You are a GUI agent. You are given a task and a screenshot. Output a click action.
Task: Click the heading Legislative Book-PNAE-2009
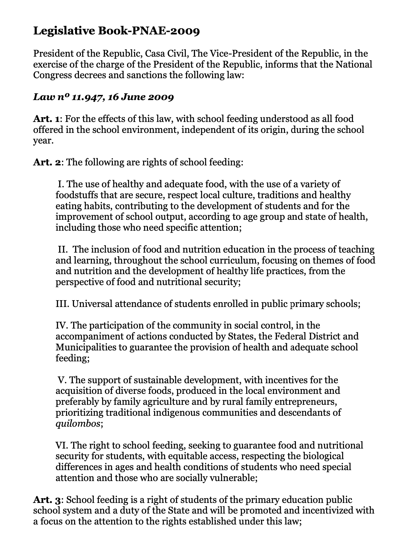tap(116, 31)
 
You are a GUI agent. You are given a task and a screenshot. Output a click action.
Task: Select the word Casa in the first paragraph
tap(156, 53)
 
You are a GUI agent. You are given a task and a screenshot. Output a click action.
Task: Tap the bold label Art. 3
tap(47, 500)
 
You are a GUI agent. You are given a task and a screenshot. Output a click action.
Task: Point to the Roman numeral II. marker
tap(63, 249)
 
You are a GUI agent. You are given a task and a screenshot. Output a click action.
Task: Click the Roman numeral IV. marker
tap(62, 326)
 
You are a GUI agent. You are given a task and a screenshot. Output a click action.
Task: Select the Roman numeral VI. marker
tap(62, 445)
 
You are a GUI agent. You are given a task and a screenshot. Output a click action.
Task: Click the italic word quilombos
tap(78, 424)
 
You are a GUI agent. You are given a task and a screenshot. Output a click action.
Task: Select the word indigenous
tap(177, 413)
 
